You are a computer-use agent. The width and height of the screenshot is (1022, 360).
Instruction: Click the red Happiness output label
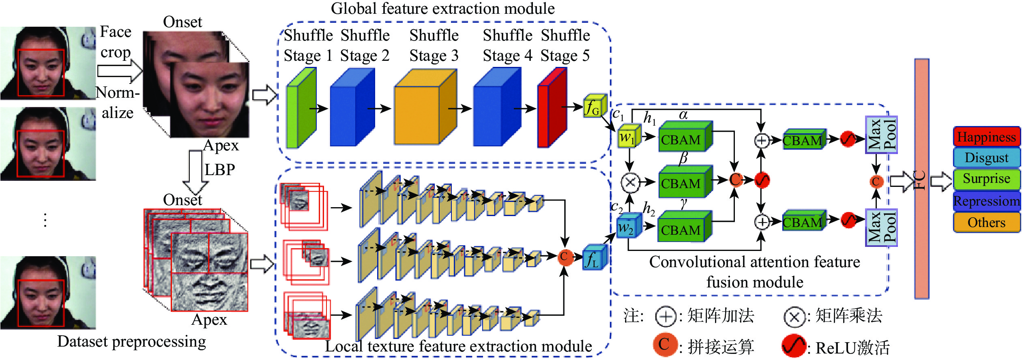tap(986, 137)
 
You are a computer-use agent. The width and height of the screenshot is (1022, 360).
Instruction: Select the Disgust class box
tap(986, 157)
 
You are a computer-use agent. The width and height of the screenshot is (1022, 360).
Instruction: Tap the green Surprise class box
tap(986, 179)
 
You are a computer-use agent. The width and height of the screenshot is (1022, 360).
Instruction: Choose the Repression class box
tap(986, 201)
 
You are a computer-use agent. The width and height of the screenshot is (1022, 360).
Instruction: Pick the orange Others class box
tap(986, 223)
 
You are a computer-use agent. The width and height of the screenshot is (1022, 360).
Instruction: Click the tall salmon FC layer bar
tap(921, 178)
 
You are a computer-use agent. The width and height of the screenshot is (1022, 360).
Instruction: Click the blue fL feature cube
tap(595, 257)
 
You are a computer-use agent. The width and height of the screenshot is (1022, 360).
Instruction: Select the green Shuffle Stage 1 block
tap(301, 107)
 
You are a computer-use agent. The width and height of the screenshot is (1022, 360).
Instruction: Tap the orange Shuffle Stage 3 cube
tap(425, 107)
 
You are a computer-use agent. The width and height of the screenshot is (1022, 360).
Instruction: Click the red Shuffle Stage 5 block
tap(552, 107)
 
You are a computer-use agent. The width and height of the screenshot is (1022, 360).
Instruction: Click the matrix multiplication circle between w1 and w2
tap(630, 182)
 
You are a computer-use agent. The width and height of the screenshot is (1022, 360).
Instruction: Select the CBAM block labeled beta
tap(685, 181)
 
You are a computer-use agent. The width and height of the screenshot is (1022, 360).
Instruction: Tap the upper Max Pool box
tap(881, 135)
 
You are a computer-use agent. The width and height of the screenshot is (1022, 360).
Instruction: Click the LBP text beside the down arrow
tap(219, 169)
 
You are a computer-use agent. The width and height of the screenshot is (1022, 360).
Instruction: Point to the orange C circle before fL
tap(564, 257)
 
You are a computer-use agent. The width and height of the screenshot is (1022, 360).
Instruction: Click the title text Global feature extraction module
tap(442, 9)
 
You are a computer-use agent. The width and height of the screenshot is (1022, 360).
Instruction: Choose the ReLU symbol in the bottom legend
tap(793, 346)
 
